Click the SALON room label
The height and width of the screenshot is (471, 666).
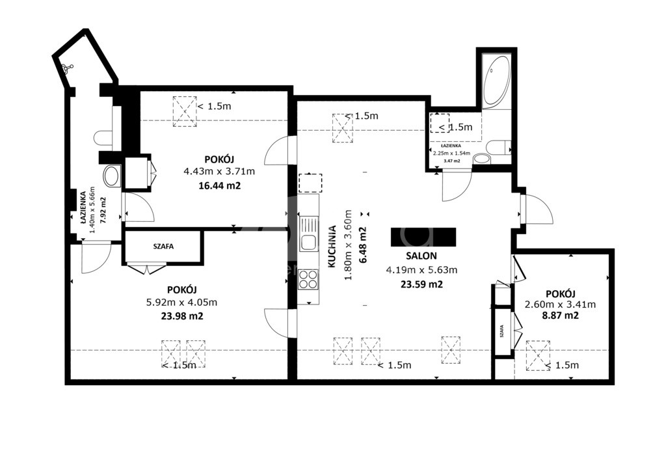421,256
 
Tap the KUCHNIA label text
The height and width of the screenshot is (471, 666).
332,247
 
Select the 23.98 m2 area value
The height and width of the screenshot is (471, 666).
182,316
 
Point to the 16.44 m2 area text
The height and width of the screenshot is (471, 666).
220,185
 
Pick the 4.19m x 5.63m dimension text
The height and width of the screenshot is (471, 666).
421,270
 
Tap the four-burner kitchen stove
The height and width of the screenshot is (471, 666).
308,280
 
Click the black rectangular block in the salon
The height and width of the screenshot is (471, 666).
423,237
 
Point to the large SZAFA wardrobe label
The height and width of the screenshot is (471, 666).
163,247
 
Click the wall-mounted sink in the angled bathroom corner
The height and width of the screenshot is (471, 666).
66,68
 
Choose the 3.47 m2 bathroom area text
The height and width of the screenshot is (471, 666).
451,161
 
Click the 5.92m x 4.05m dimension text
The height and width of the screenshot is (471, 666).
182,303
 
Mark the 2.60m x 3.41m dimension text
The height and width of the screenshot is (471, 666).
560,304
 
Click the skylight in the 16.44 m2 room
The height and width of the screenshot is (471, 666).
185,111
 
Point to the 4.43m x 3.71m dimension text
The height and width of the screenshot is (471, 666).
219,172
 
